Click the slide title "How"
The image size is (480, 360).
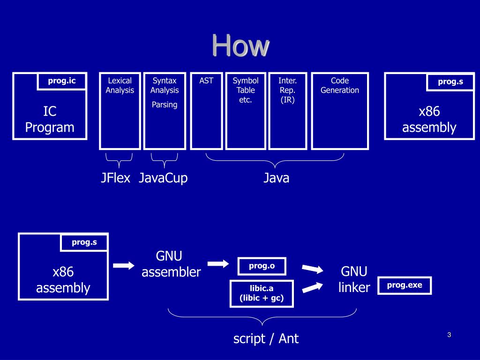point(240,45)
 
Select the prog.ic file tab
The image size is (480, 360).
point(61,81)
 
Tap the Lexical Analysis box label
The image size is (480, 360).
point(120,85)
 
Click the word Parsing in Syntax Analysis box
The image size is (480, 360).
point(165,105)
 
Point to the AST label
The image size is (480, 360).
point(206,81)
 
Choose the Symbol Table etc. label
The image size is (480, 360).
point(246,90)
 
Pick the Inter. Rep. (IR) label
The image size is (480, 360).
point(287,90)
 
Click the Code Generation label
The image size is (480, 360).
point(340,85)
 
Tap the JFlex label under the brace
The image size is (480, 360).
point(115,178)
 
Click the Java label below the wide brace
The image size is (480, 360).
point(276,178)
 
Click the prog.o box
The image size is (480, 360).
point(262,266)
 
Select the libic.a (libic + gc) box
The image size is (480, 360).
point(262,293)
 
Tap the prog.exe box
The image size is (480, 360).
point(405,285)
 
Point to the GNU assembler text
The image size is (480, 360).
point(171,264)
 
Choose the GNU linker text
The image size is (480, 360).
point(354,279)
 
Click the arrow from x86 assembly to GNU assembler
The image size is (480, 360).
point(124,265)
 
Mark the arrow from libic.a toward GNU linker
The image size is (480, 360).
point(312,287)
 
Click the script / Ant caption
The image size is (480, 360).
point(266,338)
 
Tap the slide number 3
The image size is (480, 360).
point(449,335)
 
